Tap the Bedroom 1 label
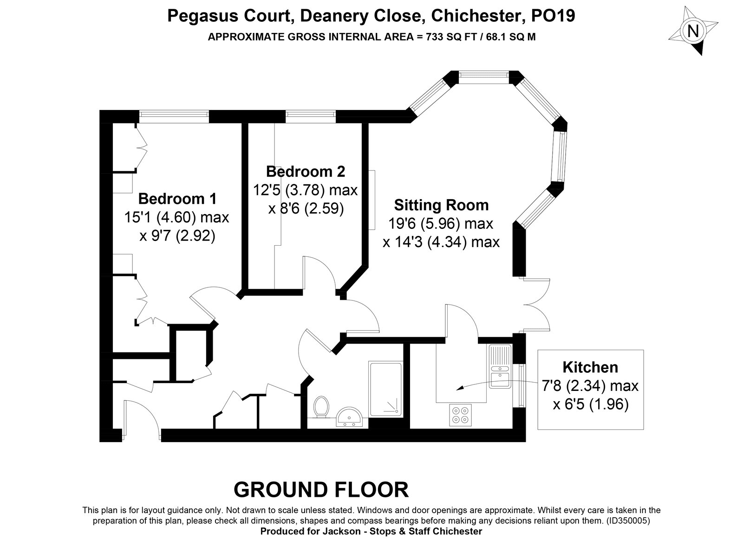177,199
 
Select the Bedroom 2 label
306,171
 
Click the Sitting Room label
441,205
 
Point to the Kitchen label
590,367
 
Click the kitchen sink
500,366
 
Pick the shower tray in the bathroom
385,389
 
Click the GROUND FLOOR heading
321,489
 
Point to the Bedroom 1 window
174,116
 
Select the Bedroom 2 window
310,116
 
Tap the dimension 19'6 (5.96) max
440,224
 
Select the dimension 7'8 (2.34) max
590,386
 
